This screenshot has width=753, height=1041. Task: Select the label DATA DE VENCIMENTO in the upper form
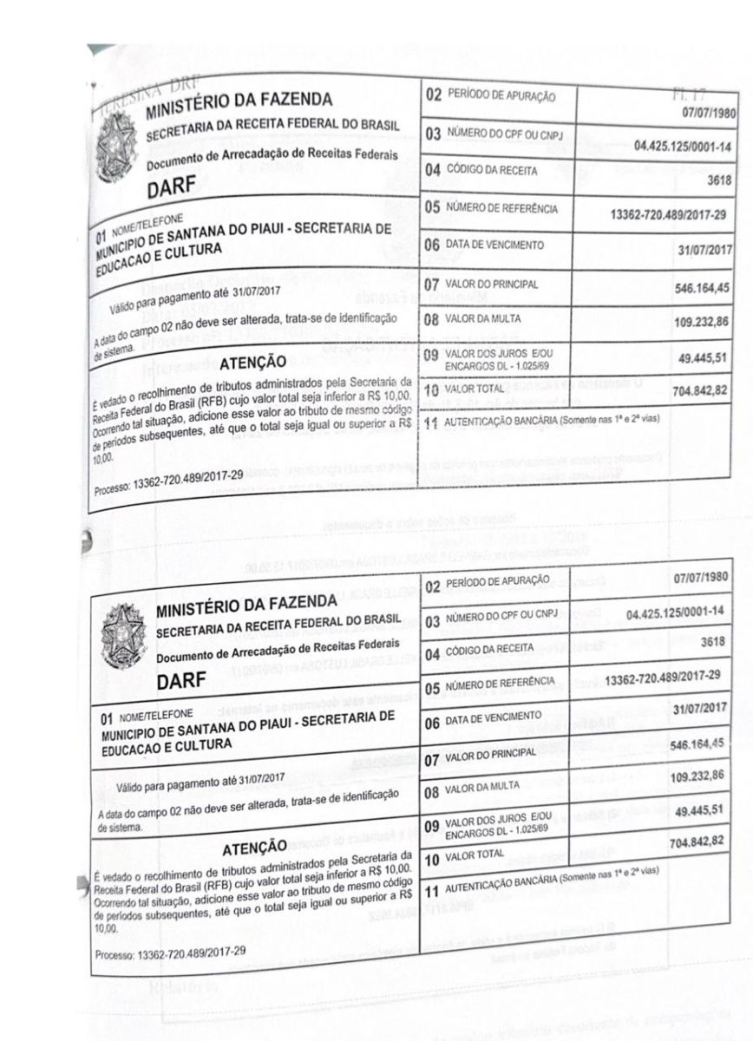tap(494, 245)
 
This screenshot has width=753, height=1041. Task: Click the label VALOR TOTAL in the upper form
tap(475, 391)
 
